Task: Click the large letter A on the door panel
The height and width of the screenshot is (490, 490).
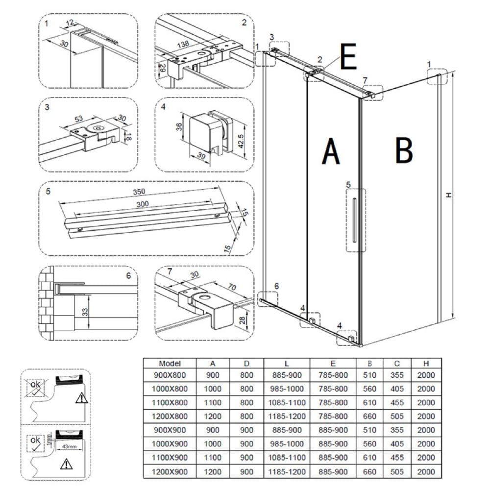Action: [331, 151]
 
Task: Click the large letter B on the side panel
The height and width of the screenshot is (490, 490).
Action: [404, 150]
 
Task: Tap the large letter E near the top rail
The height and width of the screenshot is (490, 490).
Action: [348, 58]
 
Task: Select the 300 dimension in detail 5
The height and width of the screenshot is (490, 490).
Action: [143, 204]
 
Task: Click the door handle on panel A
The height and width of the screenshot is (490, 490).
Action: [354, 220]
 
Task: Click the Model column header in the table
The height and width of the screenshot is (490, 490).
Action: [170, 364]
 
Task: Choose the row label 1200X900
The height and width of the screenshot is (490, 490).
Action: [170, 471]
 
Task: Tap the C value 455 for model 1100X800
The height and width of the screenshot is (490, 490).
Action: [398, 402]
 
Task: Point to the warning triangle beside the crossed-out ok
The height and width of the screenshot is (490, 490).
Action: [80, 398]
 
